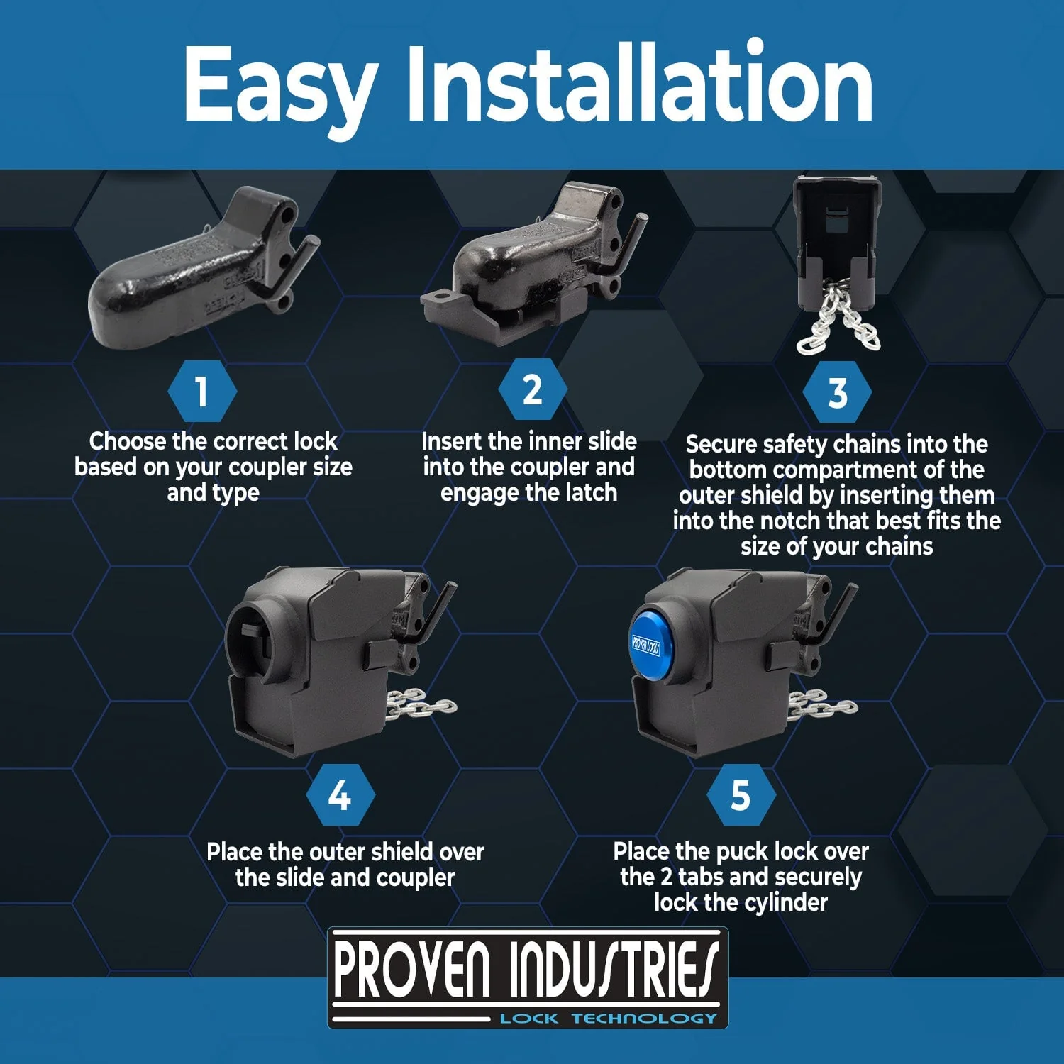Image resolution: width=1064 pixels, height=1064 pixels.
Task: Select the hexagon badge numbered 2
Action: tap(532, 389)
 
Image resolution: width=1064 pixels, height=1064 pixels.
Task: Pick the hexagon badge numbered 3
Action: tap(837, 392)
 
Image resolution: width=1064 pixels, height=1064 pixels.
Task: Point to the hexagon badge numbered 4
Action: tap(340, 795)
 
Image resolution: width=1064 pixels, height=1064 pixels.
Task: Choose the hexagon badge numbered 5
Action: tap(741, 795)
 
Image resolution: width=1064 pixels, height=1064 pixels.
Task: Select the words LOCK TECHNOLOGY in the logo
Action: tap(609, 1019)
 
